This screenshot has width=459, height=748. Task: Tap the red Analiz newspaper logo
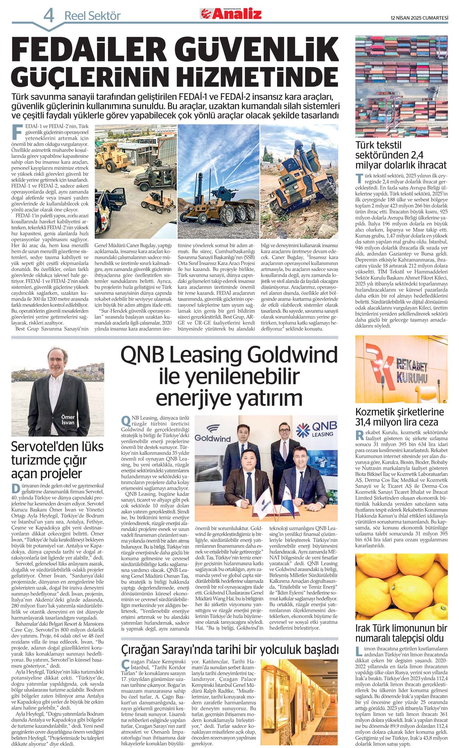(x=232, y=13)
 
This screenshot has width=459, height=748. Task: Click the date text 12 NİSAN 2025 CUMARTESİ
(x=419, y=18)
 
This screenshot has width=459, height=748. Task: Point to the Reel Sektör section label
(x=93, y=16)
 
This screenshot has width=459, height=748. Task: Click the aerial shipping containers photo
(x=401, y=86)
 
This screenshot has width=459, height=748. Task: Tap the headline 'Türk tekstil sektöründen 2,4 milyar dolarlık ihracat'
(x=401, y=155)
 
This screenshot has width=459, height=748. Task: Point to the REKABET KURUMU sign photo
(x=401, y=369)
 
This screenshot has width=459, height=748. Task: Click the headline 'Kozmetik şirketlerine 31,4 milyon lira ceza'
(x=399, y=417)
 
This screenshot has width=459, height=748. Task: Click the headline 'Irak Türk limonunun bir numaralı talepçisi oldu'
(x=401, y=633)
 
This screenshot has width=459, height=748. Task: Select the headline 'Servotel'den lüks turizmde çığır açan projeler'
(x=57, y=460)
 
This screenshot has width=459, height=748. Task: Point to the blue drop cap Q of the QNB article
(x=126, y=421)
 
